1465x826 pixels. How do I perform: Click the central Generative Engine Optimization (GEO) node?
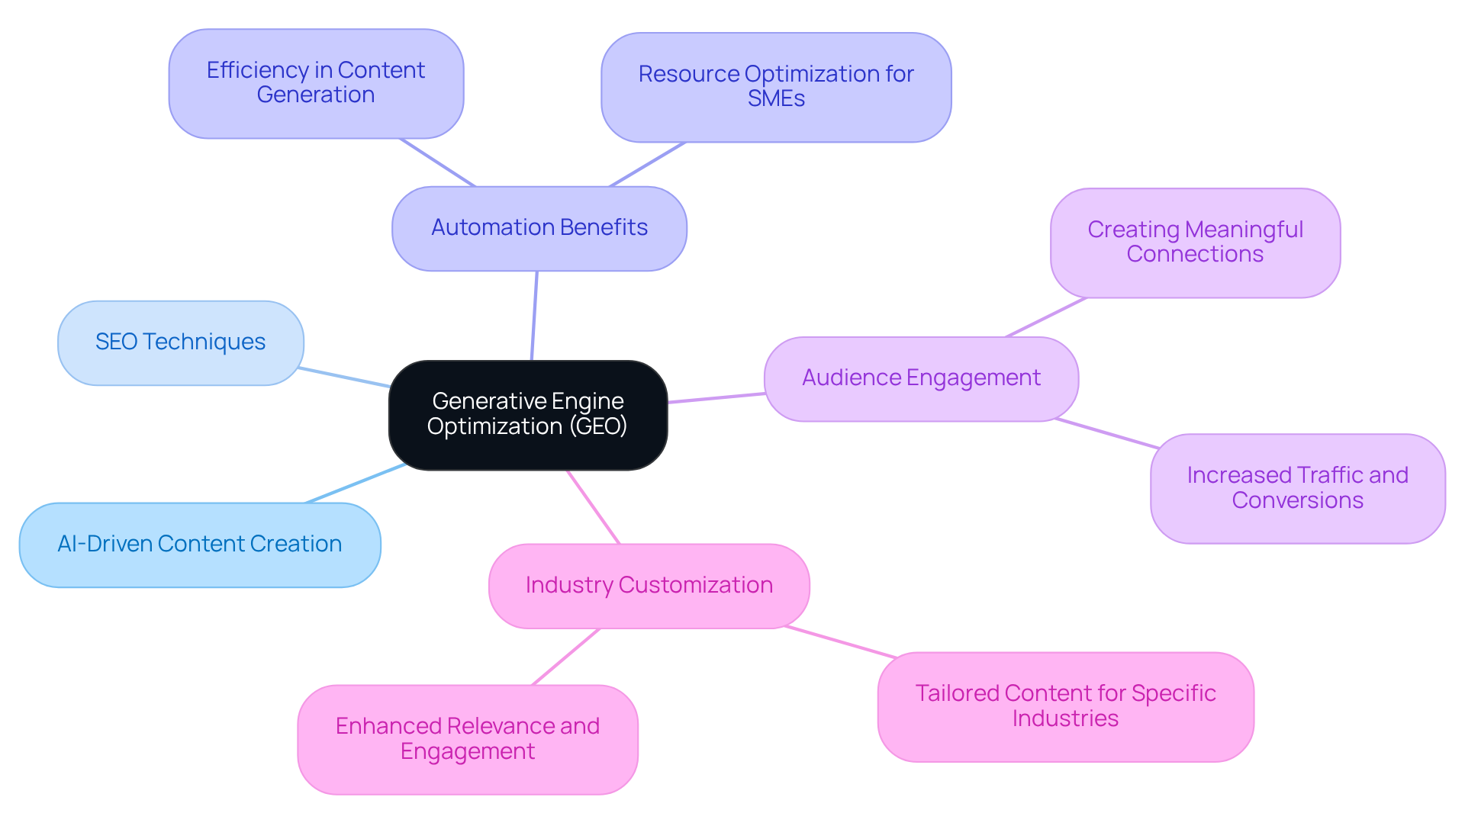[x=527, y=414]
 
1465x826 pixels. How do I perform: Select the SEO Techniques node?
[x=180, y=342]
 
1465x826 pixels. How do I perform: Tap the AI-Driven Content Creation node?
[x=199, y=545]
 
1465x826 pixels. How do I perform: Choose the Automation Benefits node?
[x=539, y=228]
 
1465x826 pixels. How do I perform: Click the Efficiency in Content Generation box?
[x=316, y=83]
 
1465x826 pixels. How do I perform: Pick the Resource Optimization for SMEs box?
[x=775, y=87]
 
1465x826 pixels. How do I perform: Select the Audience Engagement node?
[x=920, y=378]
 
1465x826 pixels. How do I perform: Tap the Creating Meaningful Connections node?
[x=1194, y=243]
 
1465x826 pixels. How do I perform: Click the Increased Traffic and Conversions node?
[x=1296, y=488]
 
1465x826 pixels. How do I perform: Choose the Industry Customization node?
[x=649, y=586]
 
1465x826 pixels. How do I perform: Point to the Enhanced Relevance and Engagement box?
[x=467, y=738]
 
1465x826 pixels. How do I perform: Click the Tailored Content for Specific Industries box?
[x=1064, y=706]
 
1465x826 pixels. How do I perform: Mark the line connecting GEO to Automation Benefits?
[x=534, y=316]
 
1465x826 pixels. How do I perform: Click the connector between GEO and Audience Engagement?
[x=716, y=398]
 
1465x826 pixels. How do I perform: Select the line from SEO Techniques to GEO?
[x=345, y=378]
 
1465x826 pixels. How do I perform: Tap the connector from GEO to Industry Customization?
[x=594, y=507]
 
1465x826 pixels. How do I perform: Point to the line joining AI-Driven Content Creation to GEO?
[x=356, y=484]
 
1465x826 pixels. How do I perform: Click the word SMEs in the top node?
[x=776, y=99]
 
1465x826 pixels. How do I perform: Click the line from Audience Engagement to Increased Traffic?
[x=1106, y=433]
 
